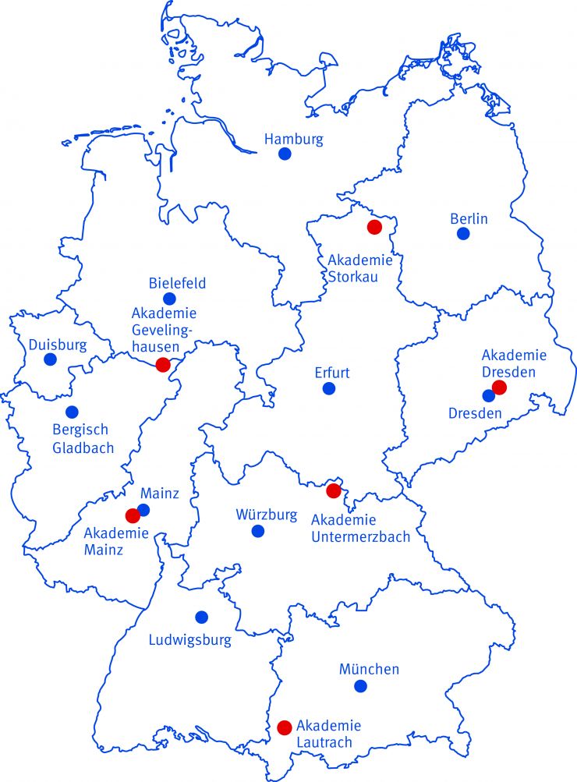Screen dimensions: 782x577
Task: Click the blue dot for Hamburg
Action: coord(285,154)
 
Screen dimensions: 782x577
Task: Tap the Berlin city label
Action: coord(469,218)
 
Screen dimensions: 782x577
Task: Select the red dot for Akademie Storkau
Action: coord(374,227)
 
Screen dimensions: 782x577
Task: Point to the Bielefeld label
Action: coord(177,283)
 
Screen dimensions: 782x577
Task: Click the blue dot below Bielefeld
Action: coord(169,299)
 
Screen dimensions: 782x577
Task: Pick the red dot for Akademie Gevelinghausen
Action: coord(163,364)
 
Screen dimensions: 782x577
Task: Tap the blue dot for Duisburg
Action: coord(51,359)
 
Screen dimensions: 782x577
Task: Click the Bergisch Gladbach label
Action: coord(83,439)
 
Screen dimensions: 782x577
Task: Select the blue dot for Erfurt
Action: coord(329,388)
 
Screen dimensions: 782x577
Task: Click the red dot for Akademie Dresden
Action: coord(500,387)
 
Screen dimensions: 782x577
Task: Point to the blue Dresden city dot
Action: coord(489,395)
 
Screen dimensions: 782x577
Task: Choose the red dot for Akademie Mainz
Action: coord(133,515)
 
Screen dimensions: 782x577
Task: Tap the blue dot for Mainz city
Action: coord(143,510)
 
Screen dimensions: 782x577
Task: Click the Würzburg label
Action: coord(267,515)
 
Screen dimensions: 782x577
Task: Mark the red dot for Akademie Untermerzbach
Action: coord(333,490)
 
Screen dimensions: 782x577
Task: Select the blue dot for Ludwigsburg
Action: coord(202,617)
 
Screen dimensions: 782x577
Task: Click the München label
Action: coord(369,669)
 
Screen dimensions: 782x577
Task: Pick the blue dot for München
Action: coord(360,686)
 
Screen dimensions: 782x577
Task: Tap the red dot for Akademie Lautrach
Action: coord(285,727)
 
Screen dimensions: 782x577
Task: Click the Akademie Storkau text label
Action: coord(359,267)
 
